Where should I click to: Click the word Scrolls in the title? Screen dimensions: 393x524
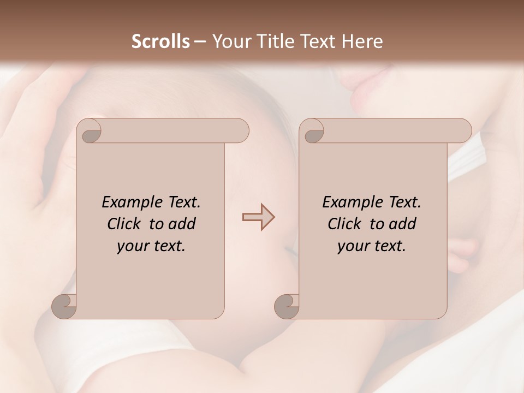(x=161, y=41)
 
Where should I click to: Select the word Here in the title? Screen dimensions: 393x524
(x=362, y=41)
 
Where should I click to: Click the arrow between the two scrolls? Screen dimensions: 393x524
(x=258, y=217)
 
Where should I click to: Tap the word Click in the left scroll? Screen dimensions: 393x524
(x=124, y=224)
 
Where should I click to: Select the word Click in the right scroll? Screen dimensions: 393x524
(x=344, y=224)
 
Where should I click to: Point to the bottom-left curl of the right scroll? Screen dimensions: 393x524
(x=287, y=306)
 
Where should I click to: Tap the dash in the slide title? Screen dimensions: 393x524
(x=200, y=41)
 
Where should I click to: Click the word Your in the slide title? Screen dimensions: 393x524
(x=229, y=41)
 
